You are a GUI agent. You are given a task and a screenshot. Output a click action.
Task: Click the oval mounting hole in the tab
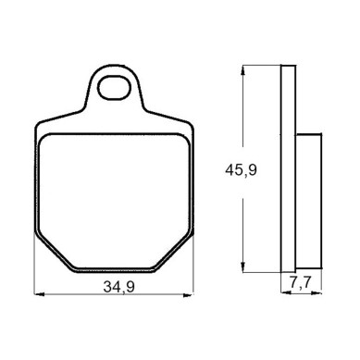click(x=113, y=87)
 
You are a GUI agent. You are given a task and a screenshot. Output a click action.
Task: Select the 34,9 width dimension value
click(x=118, y=287)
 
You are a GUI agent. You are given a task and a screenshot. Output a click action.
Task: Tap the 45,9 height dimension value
click(x=241, y=170)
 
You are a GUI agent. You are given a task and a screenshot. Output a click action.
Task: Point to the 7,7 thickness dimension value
click(x=301, y=281)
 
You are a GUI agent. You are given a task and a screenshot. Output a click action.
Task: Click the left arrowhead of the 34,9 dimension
click(x=38, y=294)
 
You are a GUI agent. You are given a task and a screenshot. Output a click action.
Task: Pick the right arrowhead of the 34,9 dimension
click(x=189, y=295)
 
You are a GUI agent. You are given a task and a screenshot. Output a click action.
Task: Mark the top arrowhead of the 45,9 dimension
click(x=243, y=69)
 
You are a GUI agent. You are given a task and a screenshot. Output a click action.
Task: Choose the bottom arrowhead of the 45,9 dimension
click(x=243, y=267)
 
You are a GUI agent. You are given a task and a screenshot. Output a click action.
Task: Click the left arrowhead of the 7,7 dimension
click(x=285, y=292)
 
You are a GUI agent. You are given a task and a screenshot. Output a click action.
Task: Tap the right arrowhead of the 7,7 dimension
click(x=317, y=292)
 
